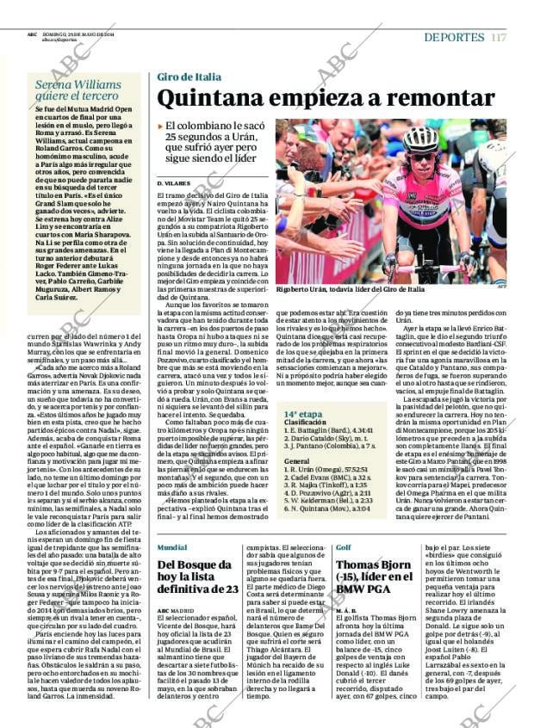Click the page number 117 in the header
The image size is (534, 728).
coord(500,37)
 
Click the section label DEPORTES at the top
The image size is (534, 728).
coord(454,37)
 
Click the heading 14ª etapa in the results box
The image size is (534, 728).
coord(303,414)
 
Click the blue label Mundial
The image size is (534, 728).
coord(172,547)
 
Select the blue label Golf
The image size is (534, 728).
coord(343,547)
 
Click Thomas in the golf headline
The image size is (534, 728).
coord(360,565)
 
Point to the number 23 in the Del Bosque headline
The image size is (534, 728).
coord(228,589)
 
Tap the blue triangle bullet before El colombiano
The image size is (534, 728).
coord(160,126)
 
